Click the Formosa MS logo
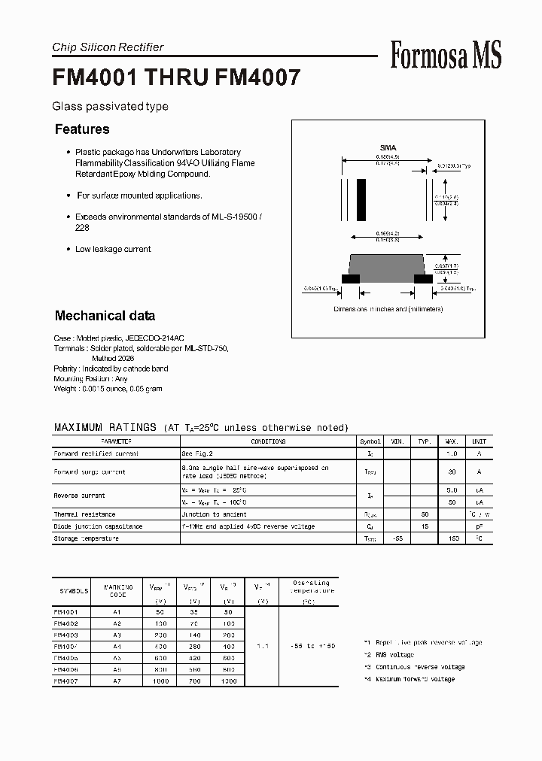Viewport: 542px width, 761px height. pyautogui.click(x=446, y=56)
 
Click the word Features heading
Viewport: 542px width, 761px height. pyautogui.click(x=82, y=129)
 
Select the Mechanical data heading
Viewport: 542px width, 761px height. pyautogui.click(x=105, y=316)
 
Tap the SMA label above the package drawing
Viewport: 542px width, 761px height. pyautogui.click(x=388, y=148)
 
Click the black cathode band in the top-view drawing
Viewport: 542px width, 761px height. pyautogui.click(x=361, y=200)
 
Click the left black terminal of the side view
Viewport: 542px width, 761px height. pyautogui.click(x=350, y=278)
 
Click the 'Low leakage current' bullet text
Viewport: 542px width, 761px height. pyautogui.click(x=113, y=249)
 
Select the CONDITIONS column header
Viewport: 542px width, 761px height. pyautogui.click(x=268, y=441)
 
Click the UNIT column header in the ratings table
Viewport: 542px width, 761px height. pyautogui.click(x=479, y=441)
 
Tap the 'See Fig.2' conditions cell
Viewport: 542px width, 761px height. pyautogui.click(x=197, y=453)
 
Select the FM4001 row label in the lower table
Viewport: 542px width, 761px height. pyautogui.click(x=66, y=612)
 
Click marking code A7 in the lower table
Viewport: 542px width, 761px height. pyautogui.click(x=117, y=681)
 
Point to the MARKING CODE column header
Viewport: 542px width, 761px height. pyautogui.click(x=117, y=591)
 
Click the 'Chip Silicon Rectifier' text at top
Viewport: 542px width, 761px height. pyautogui.click(x=108, y=47)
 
